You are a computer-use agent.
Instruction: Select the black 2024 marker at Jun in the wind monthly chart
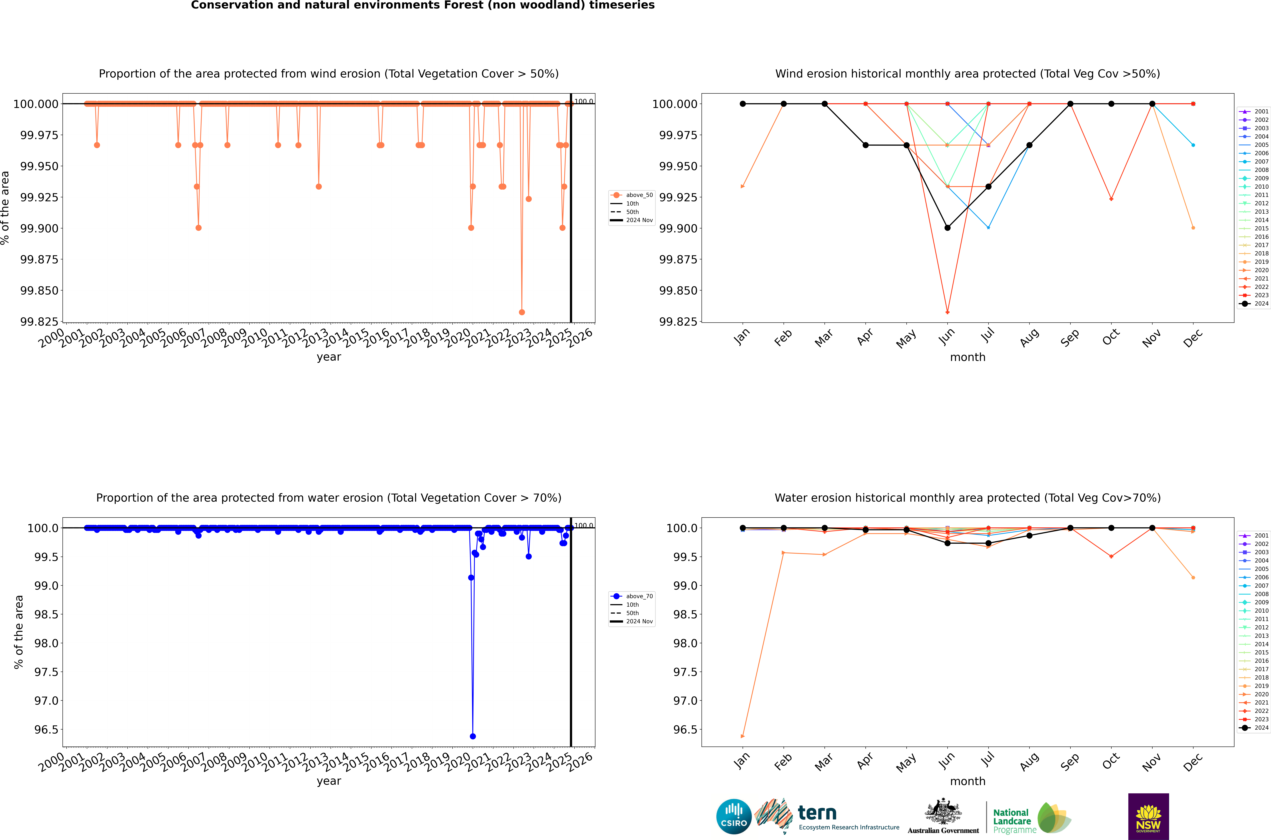(947, 228)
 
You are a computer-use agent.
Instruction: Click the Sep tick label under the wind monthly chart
(1070, 337)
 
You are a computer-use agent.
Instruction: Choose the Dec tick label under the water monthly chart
(1193, 762)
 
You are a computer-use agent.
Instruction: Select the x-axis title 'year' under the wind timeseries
(328, 357)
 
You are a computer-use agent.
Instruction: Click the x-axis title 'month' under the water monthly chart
(967, 781)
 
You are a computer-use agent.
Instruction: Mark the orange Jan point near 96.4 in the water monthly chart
(742, 736)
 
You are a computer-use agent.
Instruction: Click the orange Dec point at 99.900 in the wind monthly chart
(1193, 228)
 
